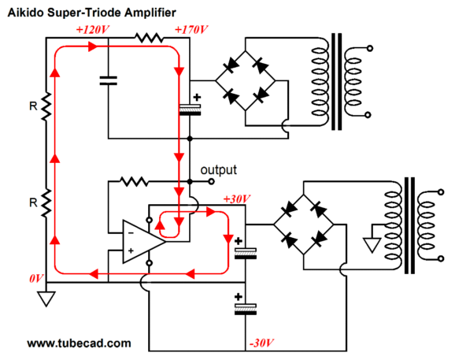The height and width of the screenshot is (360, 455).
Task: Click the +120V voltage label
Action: [x=92, y=30]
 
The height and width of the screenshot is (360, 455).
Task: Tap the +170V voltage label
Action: [x=191, y=30]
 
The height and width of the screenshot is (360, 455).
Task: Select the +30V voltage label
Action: [x=237, y=199]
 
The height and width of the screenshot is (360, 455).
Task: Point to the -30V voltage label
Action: [x=262, y=343]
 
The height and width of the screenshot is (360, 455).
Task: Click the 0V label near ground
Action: [x=36, y=278]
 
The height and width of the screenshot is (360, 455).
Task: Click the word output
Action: [x=219, y=170]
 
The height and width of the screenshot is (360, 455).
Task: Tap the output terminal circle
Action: [x=212, y=182]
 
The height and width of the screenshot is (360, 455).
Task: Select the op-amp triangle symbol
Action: [x=143, y=242]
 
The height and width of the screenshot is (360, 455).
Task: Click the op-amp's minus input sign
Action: [x=131, y=233]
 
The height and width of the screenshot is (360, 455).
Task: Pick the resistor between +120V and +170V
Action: [x=149, y=38]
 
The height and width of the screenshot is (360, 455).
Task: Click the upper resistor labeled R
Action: [x=46, y=106]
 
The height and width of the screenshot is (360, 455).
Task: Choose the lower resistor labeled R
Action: [x=46, y=203]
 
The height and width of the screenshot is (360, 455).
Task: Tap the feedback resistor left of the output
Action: [x=134, y=182]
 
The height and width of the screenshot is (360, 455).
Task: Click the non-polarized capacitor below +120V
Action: [x=108, y=80]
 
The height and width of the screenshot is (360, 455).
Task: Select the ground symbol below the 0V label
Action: [x=46, y=299]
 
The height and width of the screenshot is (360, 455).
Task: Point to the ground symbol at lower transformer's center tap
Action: [x=372, y=245]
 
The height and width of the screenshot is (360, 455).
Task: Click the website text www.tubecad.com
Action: [x=79, y=343]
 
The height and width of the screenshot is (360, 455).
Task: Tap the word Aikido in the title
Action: [x=25, y=13]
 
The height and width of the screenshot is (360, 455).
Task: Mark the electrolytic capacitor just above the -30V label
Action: [x=246, y=310]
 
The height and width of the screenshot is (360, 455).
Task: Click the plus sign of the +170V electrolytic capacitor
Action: [x=197, y=97]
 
